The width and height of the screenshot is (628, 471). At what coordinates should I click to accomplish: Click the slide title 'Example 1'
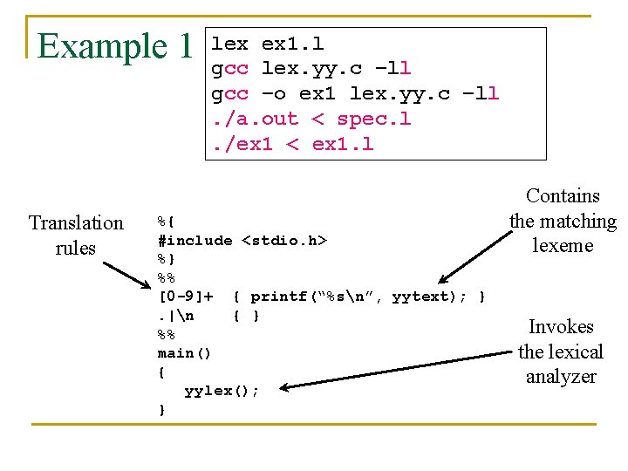[x=114, y=46]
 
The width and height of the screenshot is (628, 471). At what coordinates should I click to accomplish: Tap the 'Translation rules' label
[x=76, y=235]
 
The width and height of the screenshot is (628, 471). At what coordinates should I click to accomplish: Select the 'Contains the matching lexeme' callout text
[x=563, y=221]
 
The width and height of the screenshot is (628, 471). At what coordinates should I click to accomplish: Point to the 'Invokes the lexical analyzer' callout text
[x=561, y=352]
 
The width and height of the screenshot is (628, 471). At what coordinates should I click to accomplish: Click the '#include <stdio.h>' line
[x=242, y=241]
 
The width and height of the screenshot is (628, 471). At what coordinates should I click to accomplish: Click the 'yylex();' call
[x=222, y=391]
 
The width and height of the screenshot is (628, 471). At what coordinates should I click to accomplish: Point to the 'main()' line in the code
[x=184, y=353]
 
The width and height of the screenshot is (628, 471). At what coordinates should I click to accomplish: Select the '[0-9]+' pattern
[x=185, y=297]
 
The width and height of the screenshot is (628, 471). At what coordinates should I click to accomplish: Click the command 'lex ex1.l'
[x=268, y=43]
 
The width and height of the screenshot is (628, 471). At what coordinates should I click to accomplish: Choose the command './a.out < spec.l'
[x=311, y=119]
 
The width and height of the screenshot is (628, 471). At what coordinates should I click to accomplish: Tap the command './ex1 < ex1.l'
[x=292, y=144]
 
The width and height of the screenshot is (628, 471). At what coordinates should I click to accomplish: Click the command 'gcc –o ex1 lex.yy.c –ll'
[x=355, y=93]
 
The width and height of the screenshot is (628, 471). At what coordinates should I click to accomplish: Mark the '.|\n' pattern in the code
[x=175, y=316]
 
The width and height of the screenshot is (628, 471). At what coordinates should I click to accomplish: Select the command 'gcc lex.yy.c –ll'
[x=311, y=68]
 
